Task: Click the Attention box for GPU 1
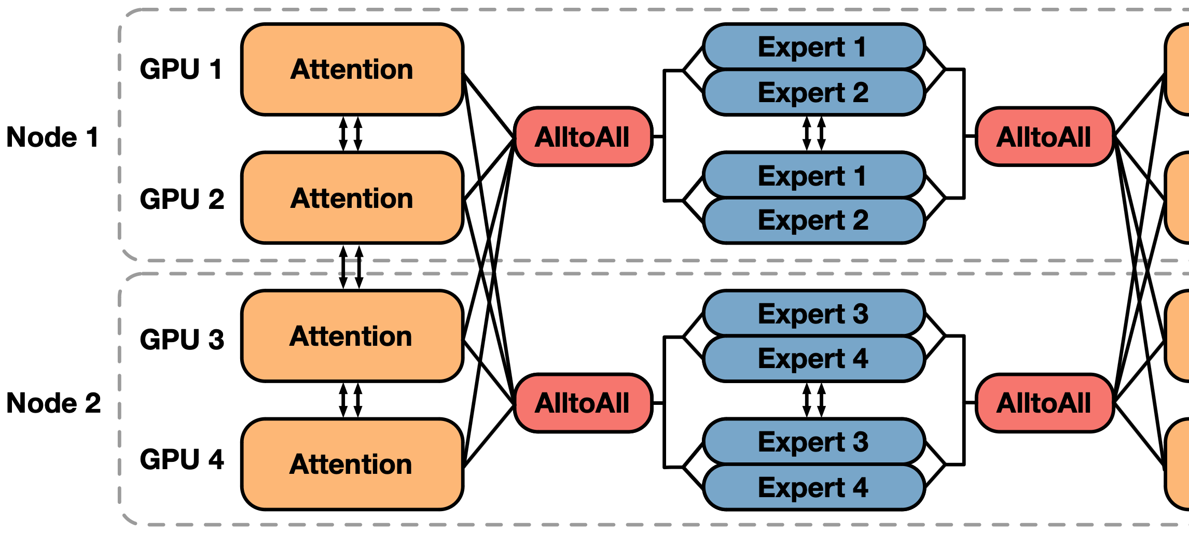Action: [x=352, y=69]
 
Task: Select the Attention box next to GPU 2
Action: [x=352, y=198]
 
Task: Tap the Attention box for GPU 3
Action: [x=352, y=336]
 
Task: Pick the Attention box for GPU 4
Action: [x=352, y=464]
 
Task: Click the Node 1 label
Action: [x=52, y=137]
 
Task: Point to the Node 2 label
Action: [x=53, y=403]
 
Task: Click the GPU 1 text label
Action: [x=181, y=69]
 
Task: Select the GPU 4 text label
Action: [x=182, y=459]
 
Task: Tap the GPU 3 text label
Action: [x=182, y=339]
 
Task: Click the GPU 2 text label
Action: [x=182, y=199]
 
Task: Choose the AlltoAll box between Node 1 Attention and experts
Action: [x=583, y=137]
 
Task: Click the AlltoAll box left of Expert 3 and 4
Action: [x=583, y=403]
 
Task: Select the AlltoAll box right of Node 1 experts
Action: [x=1044, y=137]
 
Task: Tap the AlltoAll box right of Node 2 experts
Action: [x=1044, y=403]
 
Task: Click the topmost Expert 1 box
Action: [x=813, y=47]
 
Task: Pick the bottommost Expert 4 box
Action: [x=813, y=487]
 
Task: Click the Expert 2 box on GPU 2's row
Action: [x=813, y=220]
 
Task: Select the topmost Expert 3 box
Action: [x=813, y=314]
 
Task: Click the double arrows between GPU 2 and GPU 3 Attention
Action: [x=351, y=267]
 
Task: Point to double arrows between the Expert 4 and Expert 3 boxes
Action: [x=813, y=400]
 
